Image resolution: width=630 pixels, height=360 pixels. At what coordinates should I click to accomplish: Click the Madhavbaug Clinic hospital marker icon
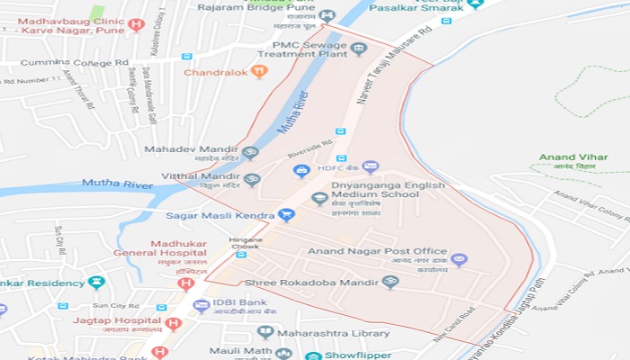[x=136, y=24]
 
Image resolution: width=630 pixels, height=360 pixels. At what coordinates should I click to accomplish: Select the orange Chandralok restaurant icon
[x=259, y=72]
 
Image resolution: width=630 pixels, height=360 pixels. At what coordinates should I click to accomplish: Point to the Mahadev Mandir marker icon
[x=251, y=153]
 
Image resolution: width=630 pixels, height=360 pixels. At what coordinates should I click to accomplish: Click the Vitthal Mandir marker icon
[x=252, y=179]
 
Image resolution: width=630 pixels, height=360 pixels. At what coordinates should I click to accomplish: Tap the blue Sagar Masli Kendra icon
[x=286, y=215]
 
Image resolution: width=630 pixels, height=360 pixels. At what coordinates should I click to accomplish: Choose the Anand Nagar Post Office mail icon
[x=459, y=260]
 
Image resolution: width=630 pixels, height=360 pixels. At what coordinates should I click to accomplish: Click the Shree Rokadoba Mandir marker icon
[x=390, y=282]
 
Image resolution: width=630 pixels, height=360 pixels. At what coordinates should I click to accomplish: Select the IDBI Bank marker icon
[x=201, y=306]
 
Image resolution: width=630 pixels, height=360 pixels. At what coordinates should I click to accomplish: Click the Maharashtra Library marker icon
[x=265, y=332]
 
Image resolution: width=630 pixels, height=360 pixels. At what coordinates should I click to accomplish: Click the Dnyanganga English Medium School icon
[x=319, y=198]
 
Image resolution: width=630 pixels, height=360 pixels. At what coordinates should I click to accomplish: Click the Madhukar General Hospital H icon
[x=186, y=283]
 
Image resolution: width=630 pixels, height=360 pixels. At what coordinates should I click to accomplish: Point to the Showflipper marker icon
[x=312, y=355]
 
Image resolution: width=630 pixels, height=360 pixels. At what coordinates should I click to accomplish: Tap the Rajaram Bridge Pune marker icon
[x=327, y=16]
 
